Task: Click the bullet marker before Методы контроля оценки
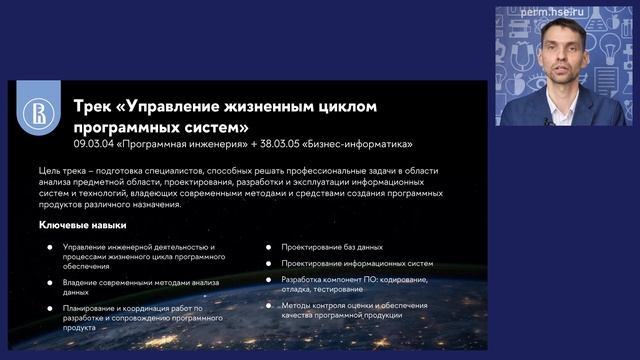270,305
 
